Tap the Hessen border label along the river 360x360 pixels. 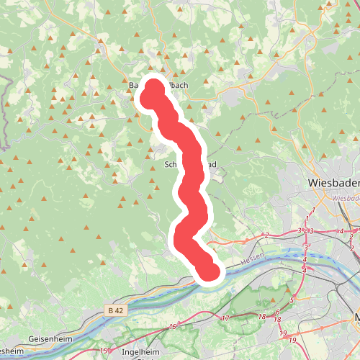[x=253, y=256]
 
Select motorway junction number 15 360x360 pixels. [x=172, y=327]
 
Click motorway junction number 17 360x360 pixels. [x=225, y=318]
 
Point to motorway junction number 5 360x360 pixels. [x=292, y=300]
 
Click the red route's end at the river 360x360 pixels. [x=207, y=271]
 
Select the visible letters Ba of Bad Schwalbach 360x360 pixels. [x=133, y=85]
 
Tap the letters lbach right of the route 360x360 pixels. [x=177, y=85]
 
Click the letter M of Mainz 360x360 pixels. [x=356, y=318]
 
